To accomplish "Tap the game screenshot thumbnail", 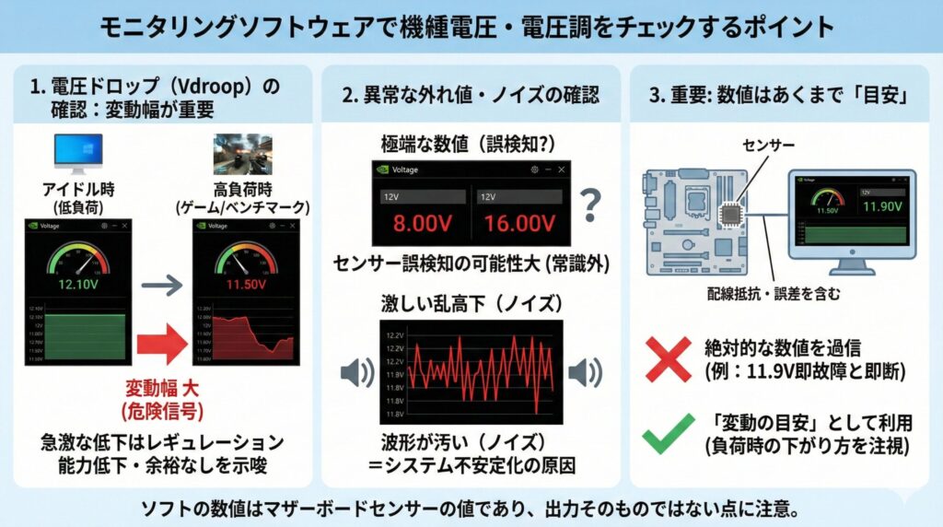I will pyautogui.click(x=243, y=153).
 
